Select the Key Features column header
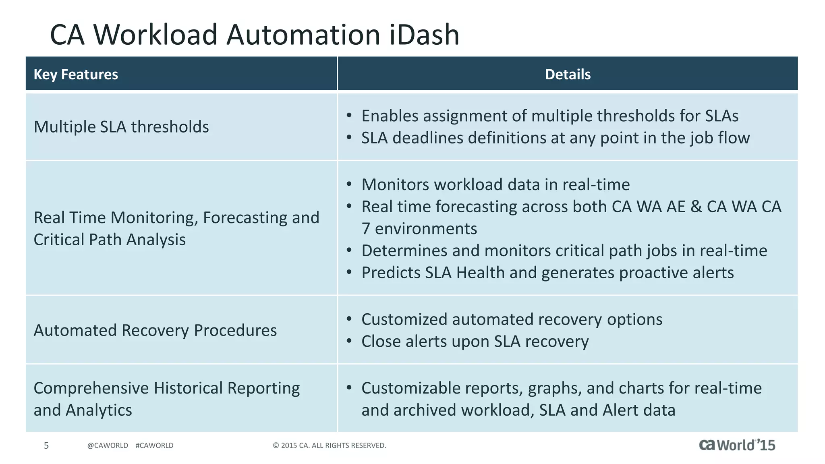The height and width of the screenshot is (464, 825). pyautogui.click(x=76, y=75)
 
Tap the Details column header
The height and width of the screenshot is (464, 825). pyautogui.click(x=568, y=75)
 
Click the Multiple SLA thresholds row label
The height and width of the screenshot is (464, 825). pyautogui.click(x=121, y=127)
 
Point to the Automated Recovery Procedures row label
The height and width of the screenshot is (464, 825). pyautogui.click(x=155, y=330)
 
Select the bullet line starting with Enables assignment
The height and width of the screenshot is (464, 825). pyautogui.click(x=549, y=116)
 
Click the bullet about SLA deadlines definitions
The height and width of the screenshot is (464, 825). pyautogui.click(x=555, y=138)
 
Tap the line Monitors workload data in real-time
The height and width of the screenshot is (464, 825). pyautogui.click(x=495, y=185)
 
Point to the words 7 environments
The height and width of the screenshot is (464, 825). pyautogui.click(x=419, y=229)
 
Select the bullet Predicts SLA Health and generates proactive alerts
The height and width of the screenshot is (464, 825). pyautogui.click(x=547, y=273)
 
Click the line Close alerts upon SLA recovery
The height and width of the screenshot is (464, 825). pyautogui.click(x=475, y=342)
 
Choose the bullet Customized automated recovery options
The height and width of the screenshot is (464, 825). pyautogui.click(x=512, y=320)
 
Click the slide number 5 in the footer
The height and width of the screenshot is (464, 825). pyautogui.click(x=46, y=445)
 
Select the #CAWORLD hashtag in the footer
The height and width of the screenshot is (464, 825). pyautogui.click(x=154, y=445)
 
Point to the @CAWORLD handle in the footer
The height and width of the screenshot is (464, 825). pyautogui.click(x=108, y=445)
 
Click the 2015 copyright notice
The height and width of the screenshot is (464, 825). pyautogui.click(x=330, y=445)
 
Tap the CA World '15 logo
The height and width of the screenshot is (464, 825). pyautogui.click(x=737, y=445)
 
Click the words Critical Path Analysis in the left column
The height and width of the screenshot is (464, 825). pyautogui.click(x=110, y=240)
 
